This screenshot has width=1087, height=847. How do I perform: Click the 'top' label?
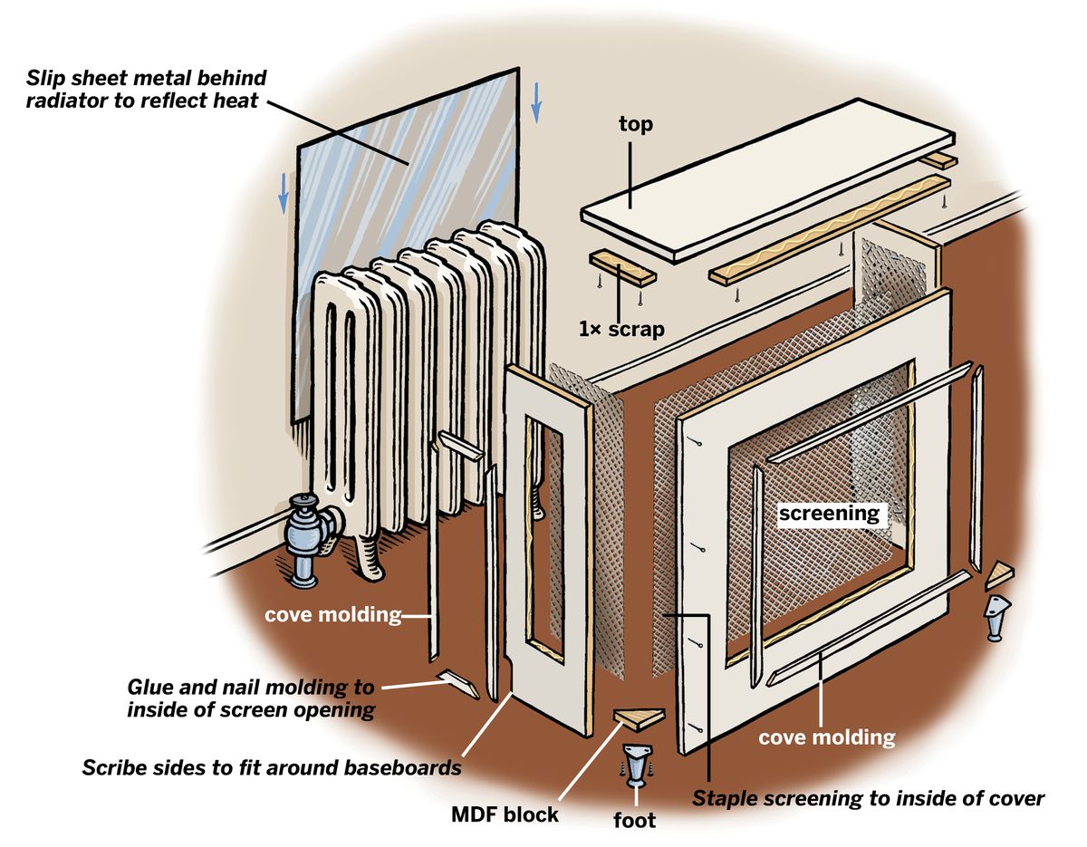tap(635, 124)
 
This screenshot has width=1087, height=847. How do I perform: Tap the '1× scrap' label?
tap(621, 329)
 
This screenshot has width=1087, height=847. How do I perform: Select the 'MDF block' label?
tap(505, 814)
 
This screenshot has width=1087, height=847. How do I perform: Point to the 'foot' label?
tap(634, 821)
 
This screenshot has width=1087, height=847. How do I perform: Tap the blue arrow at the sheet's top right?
tap(536, 101)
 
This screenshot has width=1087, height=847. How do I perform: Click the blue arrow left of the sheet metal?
tap(284, 192)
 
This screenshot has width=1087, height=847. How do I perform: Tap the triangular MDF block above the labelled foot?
tap(640, 719)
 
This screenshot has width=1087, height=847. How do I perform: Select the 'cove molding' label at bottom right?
tap(826, 737)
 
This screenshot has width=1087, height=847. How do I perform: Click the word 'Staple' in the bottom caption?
tap(723, 798)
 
